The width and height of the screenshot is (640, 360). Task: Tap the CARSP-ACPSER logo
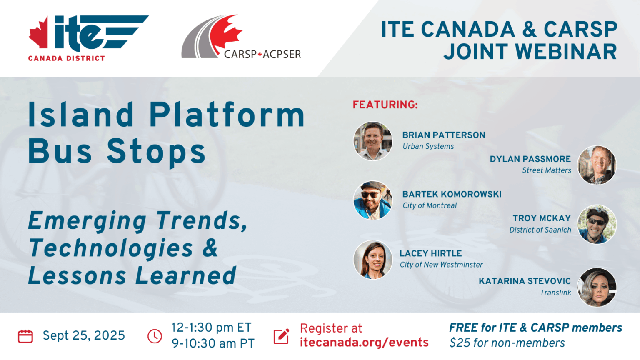241,37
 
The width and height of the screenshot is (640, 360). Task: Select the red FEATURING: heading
385,105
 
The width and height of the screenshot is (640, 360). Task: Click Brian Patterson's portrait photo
373,141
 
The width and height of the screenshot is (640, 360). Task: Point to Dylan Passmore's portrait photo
597,165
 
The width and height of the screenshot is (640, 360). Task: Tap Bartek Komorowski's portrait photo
373,200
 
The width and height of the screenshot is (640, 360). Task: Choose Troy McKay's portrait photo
597,224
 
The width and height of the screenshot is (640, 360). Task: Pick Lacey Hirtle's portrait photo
373,260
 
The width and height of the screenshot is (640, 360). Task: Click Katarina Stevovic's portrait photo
597,287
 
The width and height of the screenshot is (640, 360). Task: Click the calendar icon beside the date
25,336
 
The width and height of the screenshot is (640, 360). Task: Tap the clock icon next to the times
155,336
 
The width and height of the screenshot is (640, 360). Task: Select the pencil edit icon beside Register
281,336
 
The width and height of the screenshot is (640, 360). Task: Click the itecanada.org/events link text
364,342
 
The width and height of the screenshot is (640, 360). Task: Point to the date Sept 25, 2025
84,335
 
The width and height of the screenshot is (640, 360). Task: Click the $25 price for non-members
460,343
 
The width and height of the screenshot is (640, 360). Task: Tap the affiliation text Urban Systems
428,146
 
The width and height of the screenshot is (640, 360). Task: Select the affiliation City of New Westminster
441,265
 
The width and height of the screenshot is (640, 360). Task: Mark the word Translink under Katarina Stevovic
555,292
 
